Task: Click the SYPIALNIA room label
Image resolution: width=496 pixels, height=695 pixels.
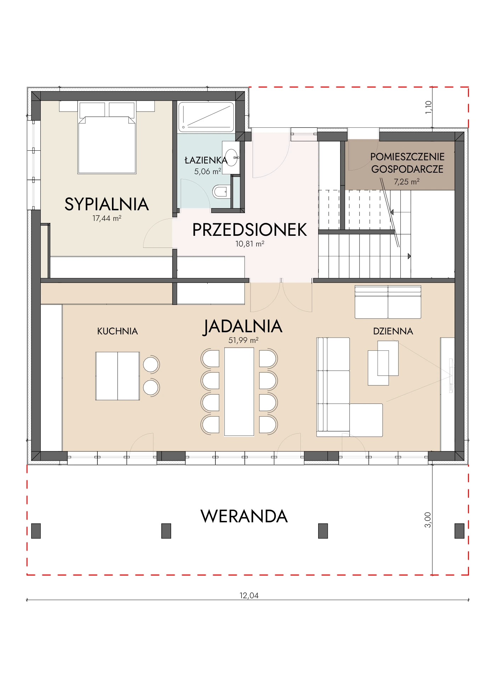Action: [107, 204]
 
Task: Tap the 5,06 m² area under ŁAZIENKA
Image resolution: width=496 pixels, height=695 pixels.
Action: [208, 172]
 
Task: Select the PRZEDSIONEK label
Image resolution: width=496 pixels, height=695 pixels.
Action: [249, 230]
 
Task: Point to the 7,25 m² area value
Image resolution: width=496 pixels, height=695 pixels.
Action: [407, 182]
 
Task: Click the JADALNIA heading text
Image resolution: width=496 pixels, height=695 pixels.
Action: [243, 327]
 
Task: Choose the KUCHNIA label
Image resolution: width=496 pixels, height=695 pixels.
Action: [117, 331]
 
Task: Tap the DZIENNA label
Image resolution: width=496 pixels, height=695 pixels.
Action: [393, 331]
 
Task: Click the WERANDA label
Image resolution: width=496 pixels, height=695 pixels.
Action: [244, 516]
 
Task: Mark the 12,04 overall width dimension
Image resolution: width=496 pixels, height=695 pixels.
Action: [249, 596]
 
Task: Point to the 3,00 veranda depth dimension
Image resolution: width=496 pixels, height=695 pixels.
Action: [428, 520]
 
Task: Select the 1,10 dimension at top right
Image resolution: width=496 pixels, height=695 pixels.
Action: [429, 107]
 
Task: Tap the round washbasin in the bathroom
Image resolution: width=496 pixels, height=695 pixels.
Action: [232, 157]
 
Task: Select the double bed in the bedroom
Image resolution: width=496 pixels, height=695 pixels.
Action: [107, 138]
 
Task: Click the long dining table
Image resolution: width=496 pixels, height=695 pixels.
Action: [239, 391]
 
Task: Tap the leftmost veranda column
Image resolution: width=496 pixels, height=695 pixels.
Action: [36, 531]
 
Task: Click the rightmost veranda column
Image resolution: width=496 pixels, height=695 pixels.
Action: [460, 531]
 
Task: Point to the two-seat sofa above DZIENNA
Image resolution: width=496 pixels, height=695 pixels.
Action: [388, 302]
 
